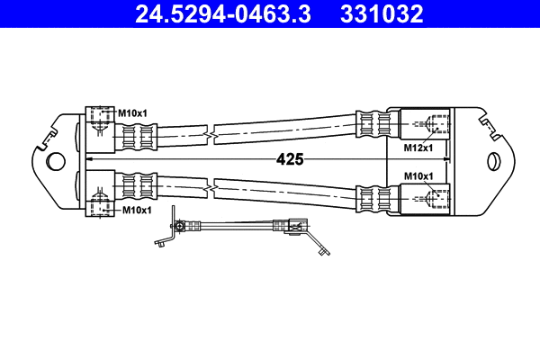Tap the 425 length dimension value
tap(289, 159)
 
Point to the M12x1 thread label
tap(418, 146)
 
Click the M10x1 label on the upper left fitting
tap(134, 112)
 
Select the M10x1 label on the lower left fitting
tap(136, 210)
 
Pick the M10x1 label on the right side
tap(418, 175)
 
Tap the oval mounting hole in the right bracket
tap(492, 161)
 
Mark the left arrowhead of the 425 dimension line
tap(89, 160)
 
